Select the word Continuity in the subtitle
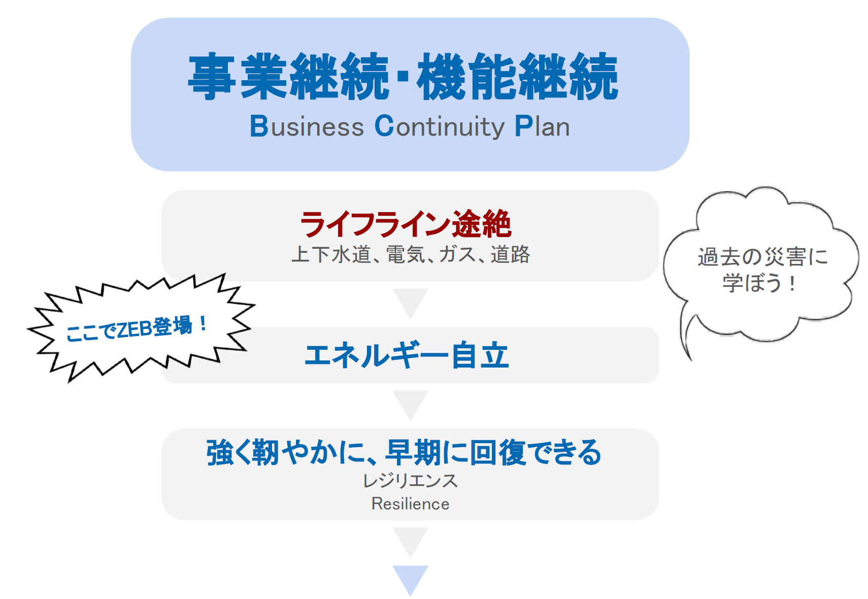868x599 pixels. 439,126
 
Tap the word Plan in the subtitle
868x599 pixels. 542,126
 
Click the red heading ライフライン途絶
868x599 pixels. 405,224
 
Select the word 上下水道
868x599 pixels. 331,254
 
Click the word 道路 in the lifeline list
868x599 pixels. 510,254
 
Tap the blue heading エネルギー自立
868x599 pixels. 406,355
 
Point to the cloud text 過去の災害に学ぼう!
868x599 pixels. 761,270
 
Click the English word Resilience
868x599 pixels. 410,504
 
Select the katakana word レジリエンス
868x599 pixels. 410,480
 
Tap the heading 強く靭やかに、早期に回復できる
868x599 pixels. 404,452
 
